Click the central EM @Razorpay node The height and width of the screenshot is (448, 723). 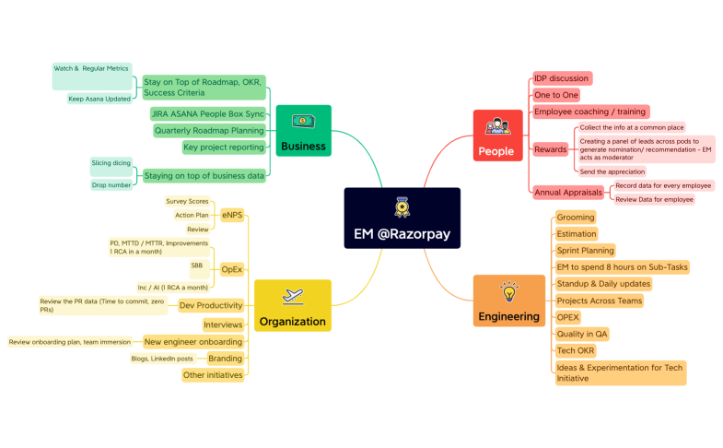click(402, 218)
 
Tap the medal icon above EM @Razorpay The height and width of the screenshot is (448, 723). click(402, 206)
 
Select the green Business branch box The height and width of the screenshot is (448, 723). click(303, 134)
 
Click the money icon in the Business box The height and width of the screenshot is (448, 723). click(303, 122)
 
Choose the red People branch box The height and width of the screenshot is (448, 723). click(497, 137)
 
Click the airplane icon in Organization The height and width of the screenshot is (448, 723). click(292, 297)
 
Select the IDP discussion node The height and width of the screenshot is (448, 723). click(561, 78)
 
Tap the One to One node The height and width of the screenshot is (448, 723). click(556, 95)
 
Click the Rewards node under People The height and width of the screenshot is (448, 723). click(551, 149)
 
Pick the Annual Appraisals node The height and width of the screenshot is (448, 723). click(568, 192)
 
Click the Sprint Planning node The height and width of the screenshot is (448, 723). click(585, 250)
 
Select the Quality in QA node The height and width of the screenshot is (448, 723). click(582, 334)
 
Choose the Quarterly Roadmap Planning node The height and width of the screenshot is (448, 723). click(209, 130)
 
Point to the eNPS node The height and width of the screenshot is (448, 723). click(232, 215)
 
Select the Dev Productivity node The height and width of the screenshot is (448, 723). click(211, 305)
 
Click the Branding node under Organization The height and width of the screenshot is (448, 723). click(225, 359)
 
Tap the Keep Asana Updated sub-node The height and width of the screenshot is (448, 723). click(99, 99)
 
